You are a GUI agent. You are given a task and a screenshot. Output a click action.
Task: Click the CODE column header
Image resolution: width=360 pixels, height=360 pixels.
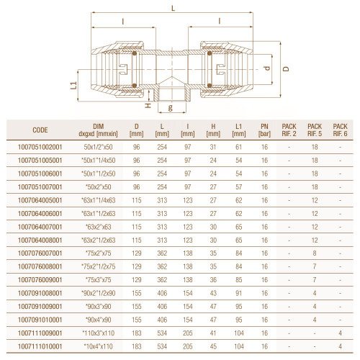coord(40,130)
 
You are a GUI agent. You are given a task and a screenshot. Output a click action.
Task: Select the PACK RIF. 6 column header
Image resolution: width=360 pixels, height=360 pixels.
coord(340,130)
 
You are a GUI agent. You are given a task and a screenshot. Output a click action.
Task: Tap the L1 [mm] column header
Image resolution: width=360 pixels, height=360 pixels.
coord(239,130)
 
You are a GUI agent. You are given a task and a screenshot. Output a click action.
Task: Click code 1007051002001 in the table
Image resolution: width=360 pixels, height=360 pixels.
coord(40,147)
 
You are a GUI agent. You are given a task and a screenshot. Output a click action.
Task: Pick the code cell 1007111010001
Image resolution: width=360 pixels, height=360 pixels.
coord(40,346)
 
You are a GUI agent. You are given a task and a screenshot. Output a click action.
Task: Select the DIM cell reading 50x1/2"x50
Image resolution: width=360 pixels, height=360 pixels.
coord(98,147)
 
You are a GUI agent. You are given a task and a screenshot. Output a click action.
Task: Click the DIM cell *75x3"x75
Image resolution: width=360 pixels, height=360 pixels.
coord(98,280)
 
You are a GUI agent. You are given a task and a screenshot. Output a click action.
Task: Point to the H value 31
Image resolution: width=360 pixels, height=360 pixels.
coord(213,147)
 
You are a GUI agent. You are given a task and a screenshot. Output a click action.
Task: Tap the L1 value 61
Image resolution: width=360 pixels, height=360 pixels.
coord(239,147)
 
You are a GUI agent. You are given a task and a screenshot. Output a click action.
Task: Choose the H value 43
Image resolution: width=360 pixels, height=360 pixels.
coord(213,293)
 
